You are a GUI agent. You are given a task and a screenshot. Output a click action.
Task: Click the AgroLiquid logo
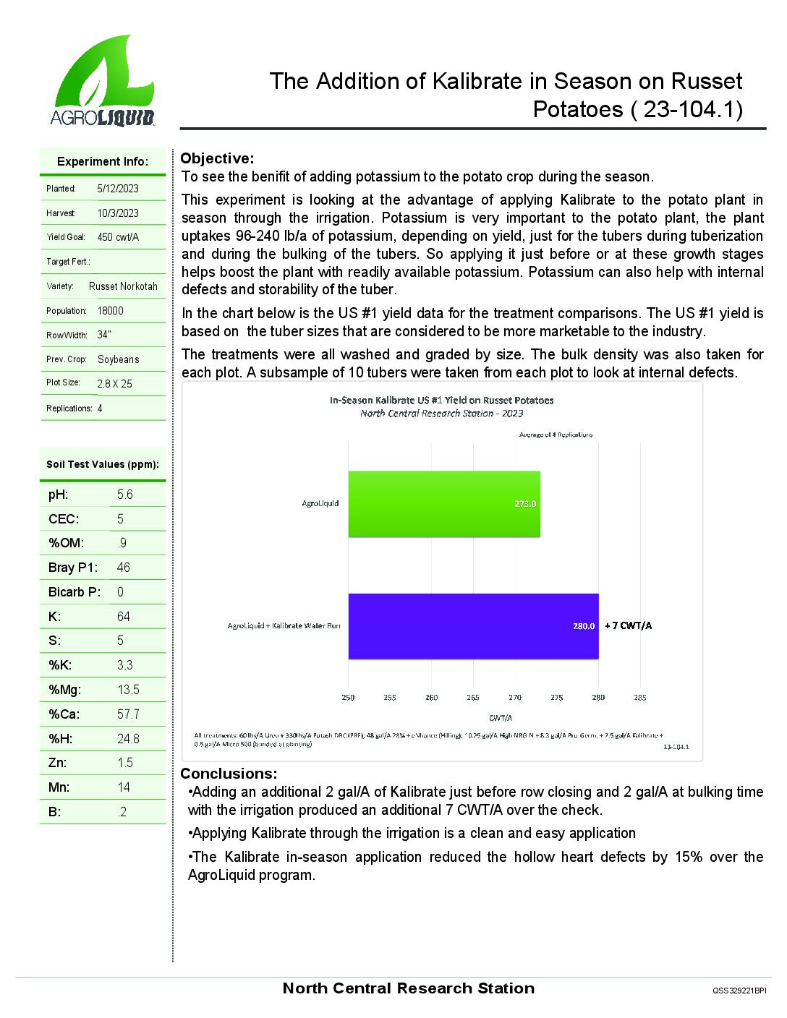(103, 82)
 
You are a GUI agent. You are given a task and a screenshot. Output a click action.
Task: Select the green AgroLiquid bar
(443, 504)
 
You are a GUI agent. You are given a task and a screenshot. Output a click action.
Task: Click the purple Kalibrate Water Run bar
(472, 626)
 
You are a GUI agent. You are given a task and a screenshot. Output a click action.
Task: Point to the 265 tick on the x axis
(473, 698)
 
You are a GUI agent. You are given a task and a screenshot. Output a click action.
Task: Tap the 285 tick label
(640, 698)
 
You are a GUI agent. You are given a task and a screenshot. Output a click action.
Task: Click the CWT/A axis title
(501, 718)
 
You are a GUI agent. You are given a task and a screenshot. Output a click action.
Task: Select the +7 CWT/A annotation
(628, 626)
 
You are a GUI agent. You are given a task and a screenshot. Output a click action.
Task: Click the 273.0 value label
(525, 504)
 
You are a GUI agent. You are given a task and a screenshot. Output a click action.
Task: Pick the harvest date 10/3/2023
(118, 213)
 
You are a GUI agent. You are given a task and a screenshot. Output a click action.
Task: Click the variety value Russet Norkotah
(123, 286)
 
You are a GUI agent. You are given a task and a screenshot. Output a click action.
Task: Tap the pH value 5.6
(125, 495)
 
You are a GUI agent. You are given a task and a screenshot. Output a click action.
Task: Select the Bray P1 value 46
(124, 568)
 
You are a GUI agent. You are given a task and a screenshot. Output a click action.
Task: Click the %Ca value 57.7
(129, 714)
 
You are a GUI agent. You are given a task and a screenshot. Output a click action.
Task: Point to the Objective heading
(217, 158)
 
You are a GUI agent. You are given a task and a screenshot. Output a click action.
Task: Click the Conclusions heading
(229, 774)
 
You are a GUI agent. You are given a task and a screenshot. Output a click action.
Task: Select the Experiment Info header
(103, 161)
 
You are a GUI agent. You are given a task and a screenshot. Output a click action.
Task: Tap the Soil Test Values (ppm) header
(103, 464)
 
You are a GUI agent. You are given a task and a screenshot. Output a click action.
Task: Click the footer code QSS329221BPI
(739, 991)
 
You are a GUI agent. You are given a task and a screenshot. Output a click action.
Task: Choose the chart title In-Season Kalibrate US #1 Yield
(442, 400)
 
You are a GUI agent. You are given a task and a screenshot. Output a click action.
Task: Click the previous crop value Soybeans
(119, 359)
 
